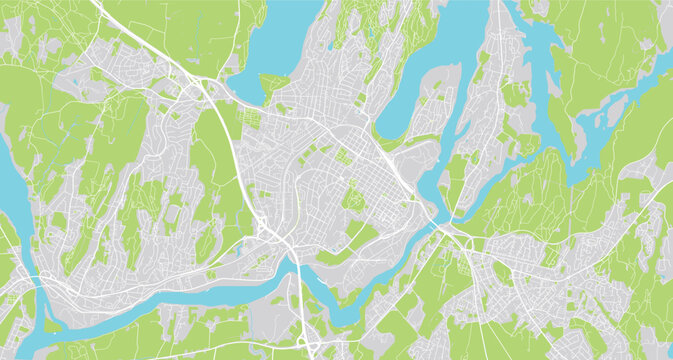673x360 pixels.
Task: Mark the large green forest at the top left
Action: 190,30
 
